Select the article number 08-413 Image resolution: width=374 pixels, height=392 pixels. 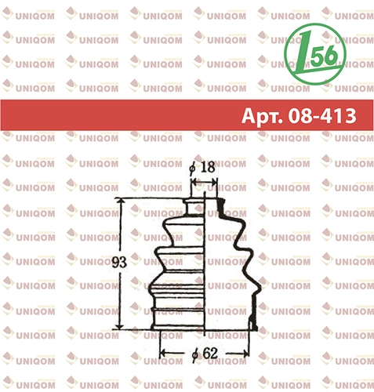pos(322,115)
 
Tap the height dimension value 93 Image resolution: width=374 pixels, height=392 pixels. pos(119,262)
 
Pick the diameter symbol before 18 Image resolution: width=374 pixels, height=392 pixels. pos(193,169)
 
